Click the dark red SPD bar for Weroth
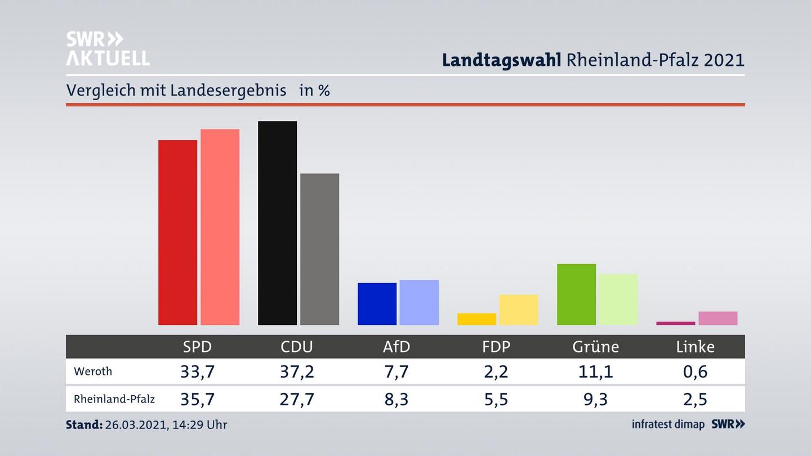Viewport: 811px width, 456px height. point(177,232)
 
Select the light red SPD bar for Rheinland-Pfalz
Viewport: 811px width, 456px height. point(220,227)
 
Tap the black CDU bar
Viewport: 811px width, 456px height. point(277,223)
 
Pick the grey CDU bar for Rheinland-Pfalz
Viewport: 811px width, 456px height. point(319,249)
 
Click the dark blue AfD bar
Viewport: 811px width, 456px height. point(377,303)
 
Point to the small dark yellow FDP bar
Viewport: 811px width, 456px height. point(476,319)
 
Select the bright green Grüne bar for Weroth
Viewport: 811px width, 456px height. point(576,294)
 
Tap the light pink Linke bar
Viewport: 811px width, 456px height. point(718,318)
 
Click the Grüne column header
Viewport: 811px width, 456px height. point(595,347)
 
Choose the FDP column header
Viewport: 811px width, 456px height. point(496,347)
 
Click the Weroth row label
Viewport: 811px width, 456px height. point(93,372)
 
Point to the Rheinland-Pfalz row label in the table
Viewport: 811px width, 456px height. point(114,399)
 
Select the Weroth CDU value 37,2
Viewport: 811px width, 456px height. point(297,372)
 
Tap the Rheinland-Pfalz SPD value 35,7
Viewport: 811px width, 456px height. point(197,399)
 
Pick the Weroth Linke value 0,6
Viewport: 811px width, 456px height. point(695,372)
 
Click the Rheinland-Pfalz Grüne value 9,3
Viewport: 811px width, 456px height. point(595,399)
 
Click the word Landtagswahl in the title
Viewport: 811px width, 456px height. point(501,60)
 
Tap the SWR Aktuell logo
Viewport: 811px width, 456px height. point(108,48)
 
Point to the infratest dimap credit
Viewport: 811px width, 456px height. point(668,424)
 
